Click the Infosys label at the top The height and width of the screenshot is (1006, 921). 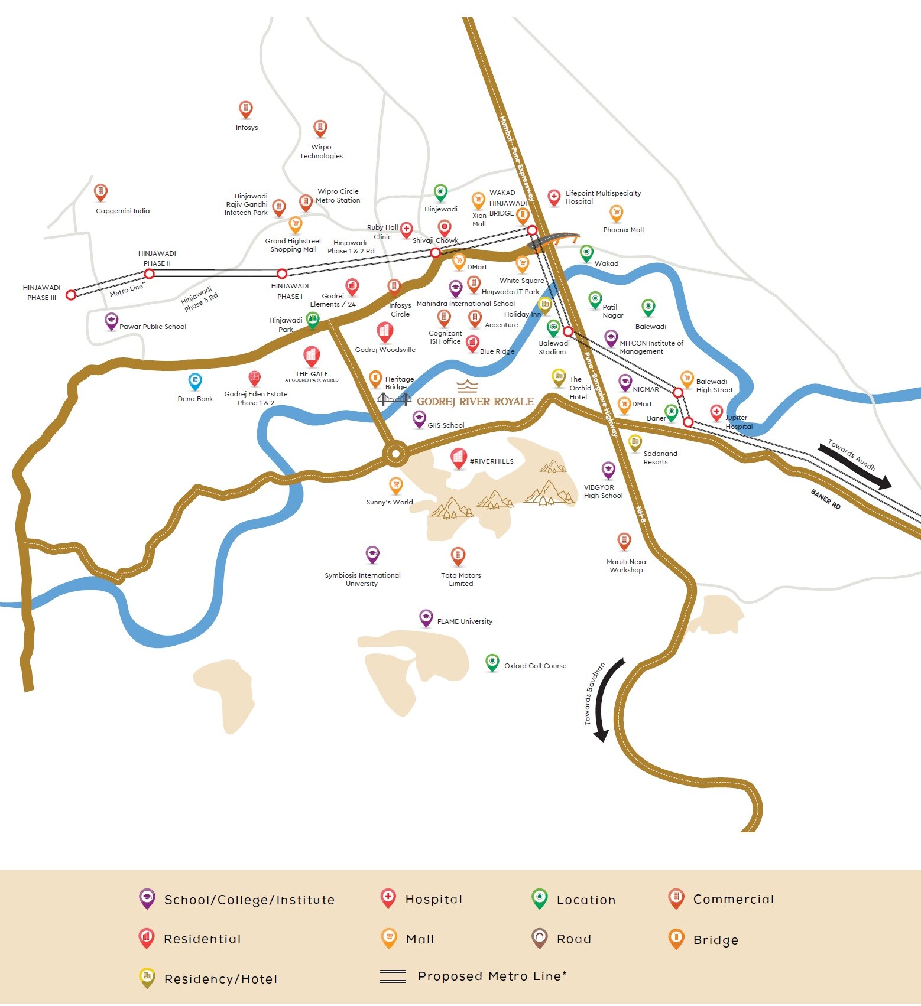tap(247, 128)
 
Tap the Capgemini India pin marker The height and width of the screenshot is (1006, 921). tap(100, 192)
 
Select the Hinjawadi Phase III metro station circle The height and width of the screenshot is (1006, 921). tap(71, 295)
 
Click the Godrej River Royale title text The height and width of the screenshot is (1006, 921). tap(475, 402)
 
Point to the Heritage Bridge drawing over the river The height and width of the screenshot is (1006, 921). tap(394, 400)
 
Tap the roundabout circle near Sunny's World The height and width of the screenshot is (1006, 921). tap(395, 455)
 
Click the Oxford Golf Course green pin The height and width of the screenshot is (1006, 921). tap(492, 662)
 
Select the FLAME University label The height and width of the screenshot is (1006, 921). tap(465, 621)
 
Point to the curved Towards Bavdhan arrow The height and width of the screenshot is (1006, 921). tap(608, 700)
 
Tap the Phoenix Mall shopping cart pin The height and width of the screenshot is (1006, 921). tap(616, 213)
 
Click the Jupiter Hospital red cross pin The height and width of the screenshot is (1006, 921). tap(716, 412)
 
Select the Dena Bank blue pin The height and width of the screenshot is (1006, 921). tap(194, 381)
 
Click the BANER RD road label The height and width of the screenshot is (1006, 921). tap(825, 499)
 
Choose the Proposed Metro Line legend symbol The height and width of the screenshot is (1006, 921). tap(393, 976)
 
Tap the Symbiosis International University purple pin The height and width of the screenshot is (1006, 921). tap(372, 554)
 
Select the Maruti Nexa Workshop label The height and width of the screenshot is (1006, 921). tap(626, 566)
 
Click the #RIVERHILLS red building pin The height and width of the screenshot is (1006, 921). tap(458, 457)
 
